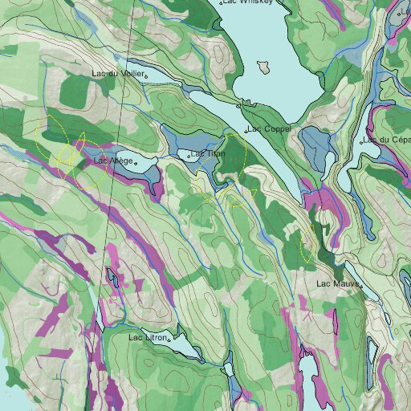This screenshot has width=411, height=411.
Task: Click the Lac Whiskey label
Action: point(250,2)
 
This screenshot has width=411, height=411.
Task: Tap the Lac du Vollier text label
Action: point(118,74)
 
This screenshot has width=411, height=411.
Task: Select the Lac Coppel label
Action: point(269,128)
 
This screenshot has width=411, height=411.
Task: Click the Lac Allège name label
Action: point(112,161)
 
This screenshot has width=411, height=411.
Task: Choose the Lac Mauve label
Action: point(336,283)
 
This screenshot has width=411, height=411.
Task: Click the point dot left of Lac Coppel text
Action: point(246,130)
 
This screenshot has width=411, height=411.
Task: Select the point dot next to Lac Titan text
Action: point(189,155)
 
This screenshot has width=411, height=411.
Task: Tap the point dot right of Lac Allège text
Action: point(136,163)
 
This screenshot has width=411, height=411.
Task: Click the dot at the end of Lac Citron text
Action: point(169,340)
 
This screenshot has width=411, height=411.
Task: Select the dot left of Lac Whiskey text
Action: point(222,3)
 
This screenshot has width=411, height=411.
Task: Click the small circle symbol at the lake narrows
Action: point(239,105)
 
